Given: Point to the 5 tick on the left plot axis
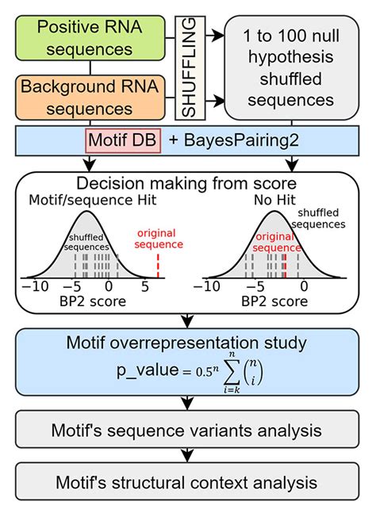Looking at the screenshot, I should pyautogui.click(x=144, y=288).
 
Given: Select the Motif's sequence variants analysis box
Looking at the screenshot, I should pyautogui.click(x=187, y=431).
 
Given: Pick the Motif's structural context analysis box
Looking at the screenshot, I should pyautogui.click(x=187, y=482).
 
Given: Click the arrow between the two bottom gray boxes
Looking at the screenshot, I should pyautogui.click(x=187, y=457).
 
